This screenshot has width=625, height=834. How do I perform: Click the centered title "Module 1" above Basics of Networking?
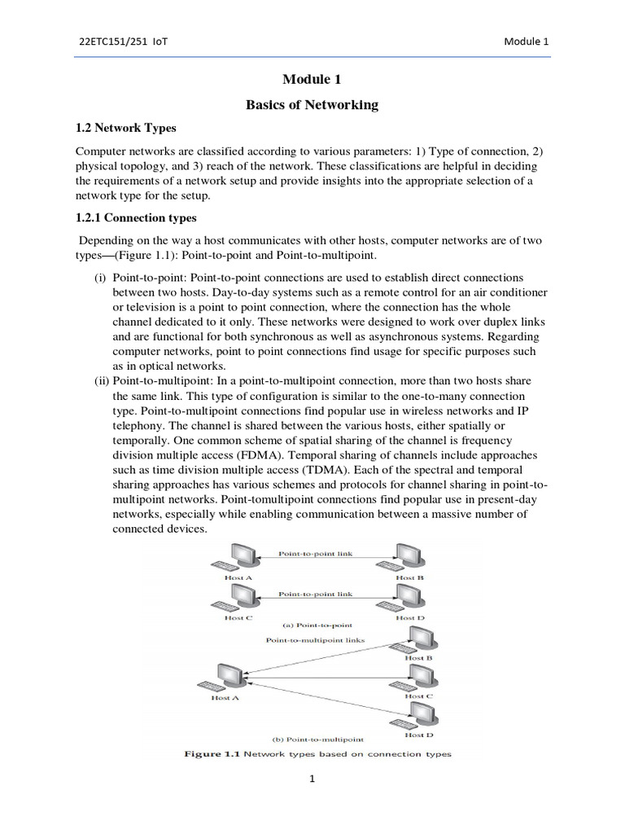312,79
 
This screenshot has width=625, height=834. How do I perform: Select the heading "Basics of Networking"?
312,104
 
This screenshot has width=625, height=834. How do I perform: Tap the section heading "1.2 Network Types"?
125,129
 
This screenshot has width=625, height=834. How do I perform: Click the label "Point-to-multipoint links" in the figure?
316,640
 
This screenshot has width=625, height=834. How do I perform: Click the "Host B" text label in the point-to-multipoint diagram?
419,657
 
